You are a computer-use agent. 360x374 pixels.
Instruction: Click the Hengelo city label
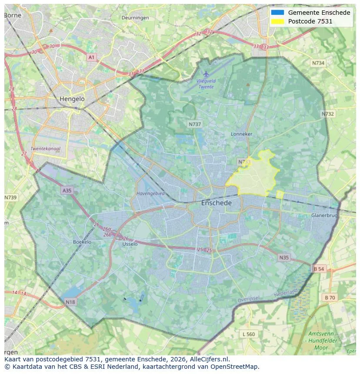(72, 99)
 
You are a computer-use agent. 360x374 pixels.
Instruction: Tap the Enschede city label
(216, 203)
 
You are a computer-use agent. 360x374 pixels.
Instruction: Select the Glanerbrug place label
(324, 215)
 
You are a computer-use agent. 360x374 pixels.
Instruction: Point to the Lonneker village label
(241, 134)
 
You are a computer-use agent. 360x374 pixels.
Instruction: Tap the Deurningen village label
(135, 18)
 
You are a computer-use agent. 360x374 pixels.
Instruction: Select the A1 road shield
(91, 57)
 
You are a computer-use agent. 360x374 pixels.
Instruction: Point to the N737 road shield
(195, 124)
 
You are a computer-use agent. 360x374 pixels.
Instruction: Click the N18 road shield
(70, 301)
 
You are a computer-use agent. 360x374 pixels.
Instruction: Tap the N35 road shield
(283, 258)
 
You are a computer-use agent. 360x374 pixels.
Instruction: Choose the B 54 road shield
(319, 269)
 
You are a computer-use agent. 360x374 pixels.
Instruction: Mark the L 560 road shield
(248, 334)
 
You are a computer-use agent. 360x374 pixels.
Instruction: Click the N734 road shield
(318, 63)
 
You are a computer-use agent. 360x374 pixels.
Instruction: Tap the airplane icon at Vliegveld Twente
(206, 74)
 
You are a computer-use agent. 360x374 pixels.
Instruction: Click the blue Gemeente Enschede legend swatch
(277, 13)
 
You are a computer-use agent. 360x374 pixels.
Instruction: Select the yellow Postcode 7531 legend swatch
(277, 21)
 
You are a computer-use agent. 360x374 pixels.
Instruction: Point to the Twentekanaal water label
(46, 149)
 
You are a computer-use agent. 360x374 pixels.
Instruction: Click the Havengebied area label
(150, 194)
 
